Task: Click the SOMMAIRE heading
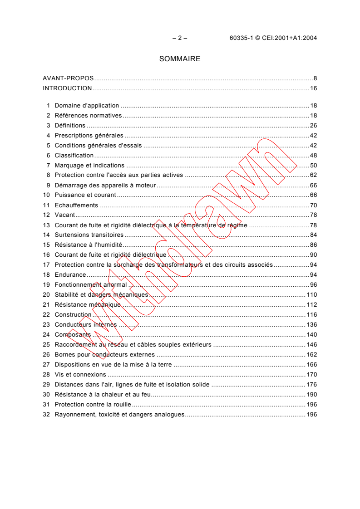[x=180, y=59]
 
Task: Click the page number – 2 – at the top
[x=180, y=38]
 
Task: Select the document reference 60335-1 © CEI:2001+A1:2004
[x=273, y=38]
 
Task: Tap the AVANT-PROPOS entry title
[x=68, y=78]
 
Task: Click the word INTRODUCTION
[x=67, y=88]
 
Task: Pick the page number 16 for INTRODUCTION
[x=313, y=88]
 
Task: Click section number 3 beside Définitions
[x=48, y=126]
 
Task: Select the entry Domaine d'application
[x=87, y=106]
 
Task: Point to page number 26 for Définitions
[x=313, y=126]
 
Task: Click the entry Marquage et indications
[x=89, y=166]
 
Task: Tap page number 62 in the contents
[x=313, y=176]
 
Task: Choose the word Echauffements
[x=76, y=206]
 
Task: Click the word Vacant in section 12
[x=65, y=215]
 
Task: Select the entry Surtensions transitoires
[x=89, y=235]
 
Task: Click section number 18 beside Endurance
[x=46, y=275]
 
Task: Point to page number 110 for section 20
[x=312, y=295]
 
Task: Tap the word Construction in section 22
[x=73, y=315]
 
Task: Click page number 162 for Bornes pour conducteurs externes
[x=312, y=355]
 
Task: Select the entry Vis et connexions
[x=80, y=375]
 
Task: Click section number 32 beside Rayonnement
[x=46, y=415]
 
